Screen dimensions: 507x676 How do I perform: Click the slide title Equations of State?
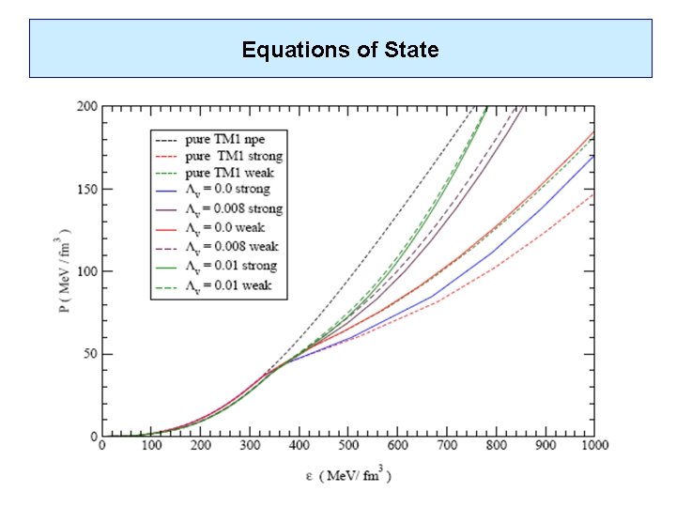click(x=340, y=49)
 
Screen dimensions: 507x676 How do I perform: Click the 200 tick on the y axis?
click(x=86, y=106)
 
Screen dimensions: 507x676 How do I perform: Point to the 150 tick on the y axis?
click(x=86, y=189)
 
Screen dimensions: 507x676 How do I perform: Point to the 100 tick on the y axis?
click(x=86, y=271)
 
